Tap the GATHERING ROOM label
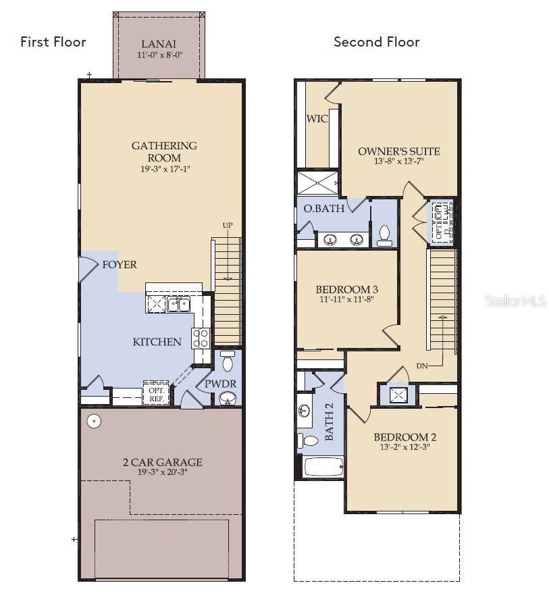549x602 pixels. coord(164,151)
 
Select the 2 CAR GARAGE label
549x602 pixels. coord(161,462)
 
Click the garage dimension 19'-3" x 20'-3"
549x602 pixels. coord(161,472)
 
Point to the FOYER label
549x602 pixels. coord(120,265)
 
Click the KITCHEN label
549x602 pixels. coord(157,342)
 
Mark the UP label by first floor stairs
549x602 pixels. coord(228,225)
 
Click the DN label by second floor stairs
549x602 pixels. coord(422,366)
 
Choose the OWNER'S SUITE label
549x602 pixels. coord(399,151)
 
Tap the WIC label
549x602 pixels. coord(317,119)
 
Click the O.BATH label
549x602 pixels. coord(324,209)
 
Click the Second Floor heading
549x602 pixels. coord(376,42)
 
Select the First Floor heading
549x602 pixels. coord(53,42)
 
